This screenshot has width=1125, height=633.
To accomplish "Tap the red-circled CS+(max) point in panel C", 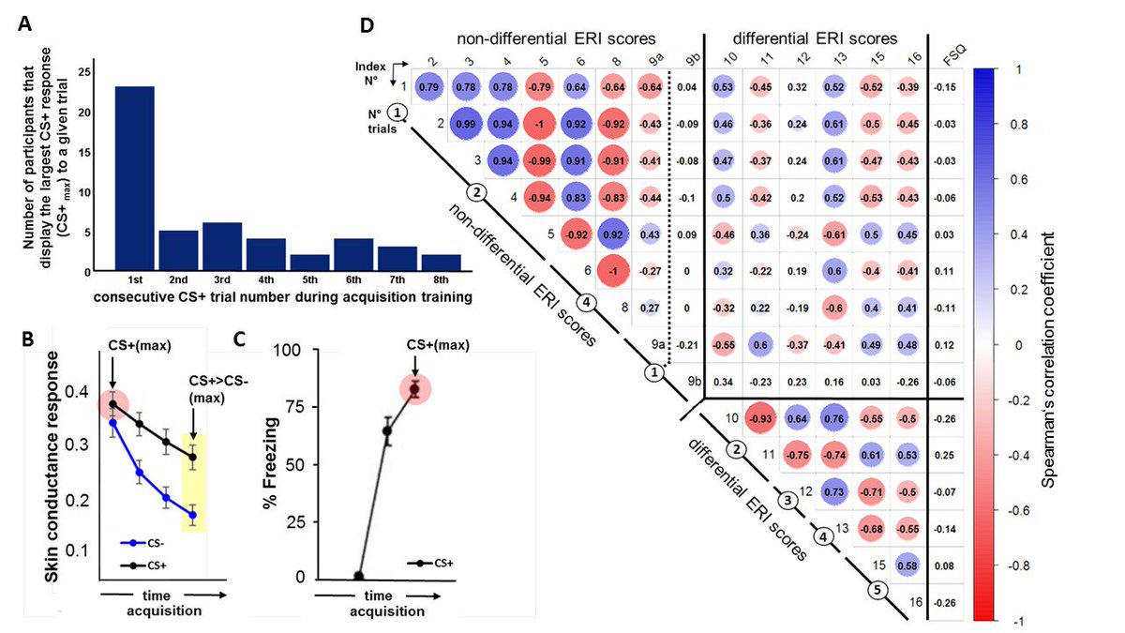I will click(x=413, y=388).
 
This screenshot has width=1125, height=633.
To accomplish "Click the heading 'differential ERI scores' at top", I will click(x=815, y=39).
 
